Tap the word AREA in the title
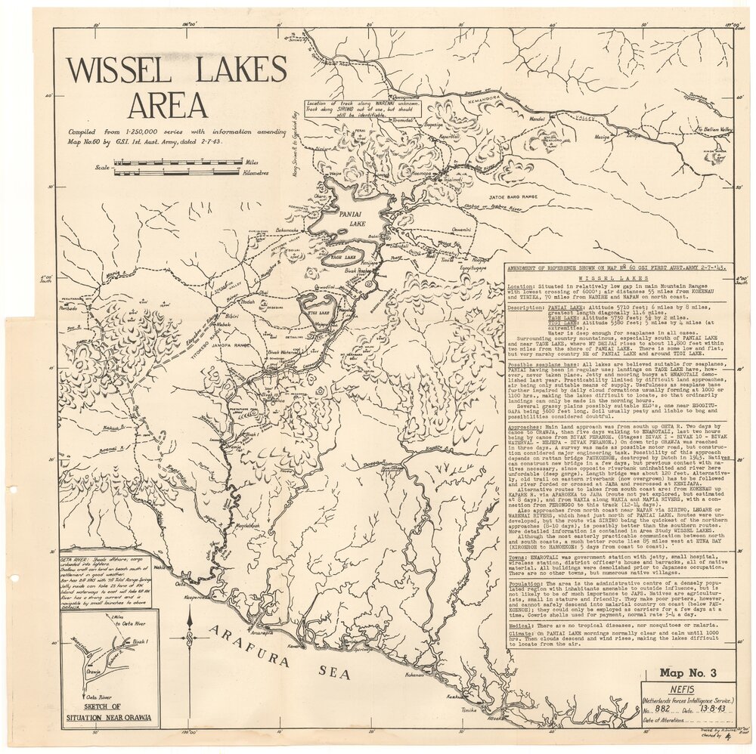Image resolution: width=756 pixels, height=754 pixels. pos(167,104)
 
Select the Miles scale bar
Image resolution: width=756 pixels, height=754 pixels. pos(178,162)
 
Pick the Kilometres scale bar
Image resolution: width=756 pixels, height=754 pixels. pos(178,172)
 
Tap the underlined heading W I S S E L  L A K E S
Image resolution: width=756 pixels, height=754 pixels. pos(624,278)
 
